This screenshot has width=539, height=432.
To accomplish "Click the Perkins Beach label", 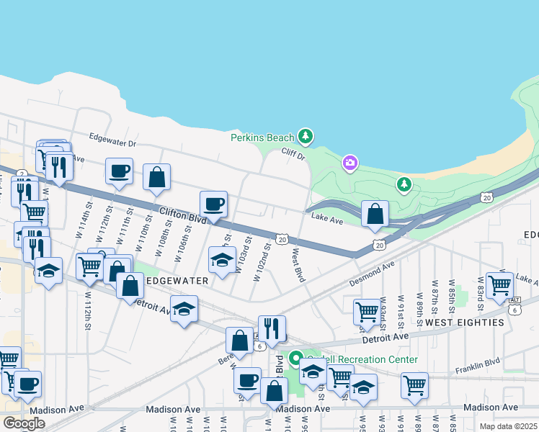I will coord(262,138).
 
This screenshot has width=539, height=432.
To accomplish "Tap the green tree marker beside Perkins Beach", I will coord(306,136).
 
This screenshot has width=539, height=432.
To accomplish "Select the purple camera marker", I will coord(349,163).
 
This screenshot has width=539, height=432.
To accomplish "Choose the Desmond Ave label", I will coord(373,271).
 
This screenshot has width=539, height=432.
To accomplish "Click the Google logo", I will coord(24,423).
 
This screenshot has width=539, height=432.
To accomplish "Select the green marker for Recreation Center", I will coord(295,358).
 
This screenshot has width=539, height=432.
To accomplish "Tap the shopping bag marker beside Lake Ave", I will coord(375,213).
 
